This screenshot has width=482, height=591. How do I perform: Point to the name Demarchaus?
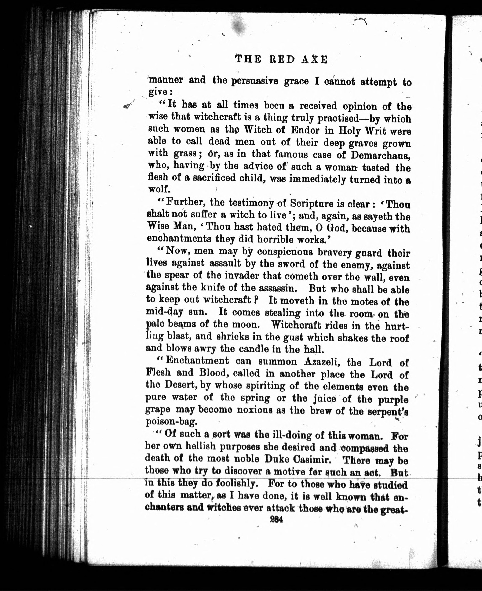click(380, 155)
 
